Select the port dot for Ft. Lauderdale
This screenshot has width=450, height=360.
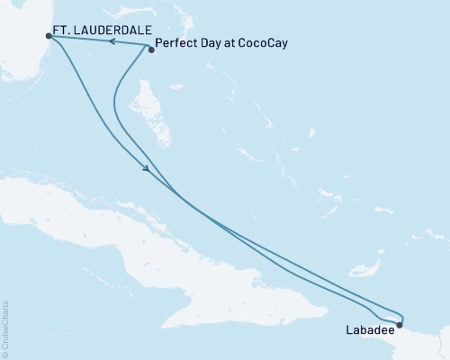coord(47,35)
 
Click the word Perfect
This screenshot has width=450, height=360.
coord(176,42)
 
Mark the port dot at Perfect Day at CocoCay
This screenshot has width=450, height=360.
coord(151,49)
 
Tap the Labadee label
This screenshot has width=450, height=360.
coord(369,329)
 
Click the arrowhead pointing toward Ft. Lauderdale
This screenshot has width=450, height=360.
coord(106,40)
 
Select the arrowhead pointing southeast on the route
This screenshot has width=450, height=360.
coord(146,169)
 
